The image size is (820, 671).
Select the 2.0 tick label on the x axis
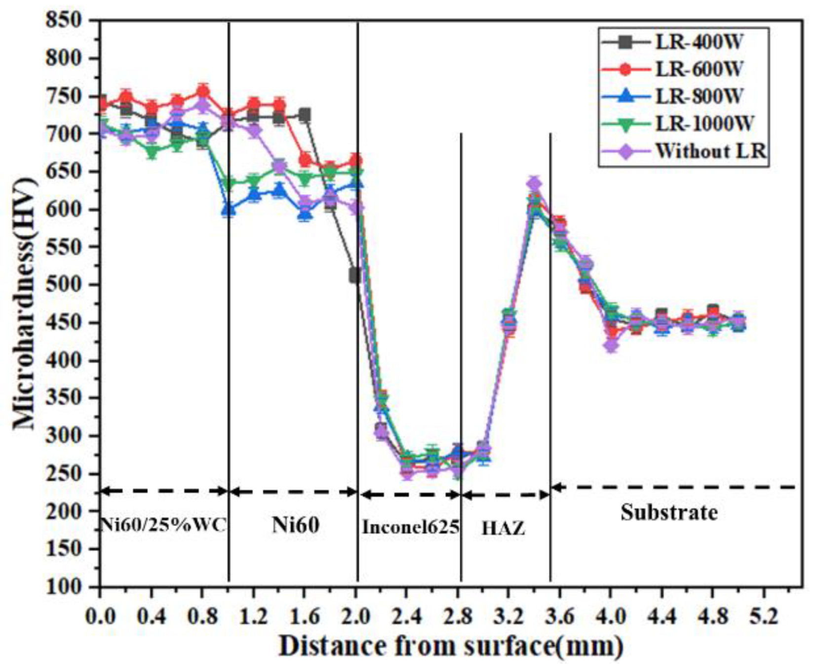coord(356,616)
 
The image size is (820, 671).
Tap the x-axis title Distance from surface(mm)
coord(450,646)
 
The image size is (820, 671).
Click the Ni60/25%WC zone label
coord(163,524)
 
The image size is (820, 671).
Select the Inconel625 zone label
coord(411,527)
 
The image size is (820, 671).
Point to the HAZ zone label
coord(503,529)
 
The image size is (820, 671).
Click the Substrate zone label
coord(669,512)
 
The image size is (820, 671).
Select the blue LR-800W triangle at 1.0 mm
coord(228,210)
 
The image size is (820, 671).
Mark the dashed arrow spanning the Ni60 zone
coord(293,492)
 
